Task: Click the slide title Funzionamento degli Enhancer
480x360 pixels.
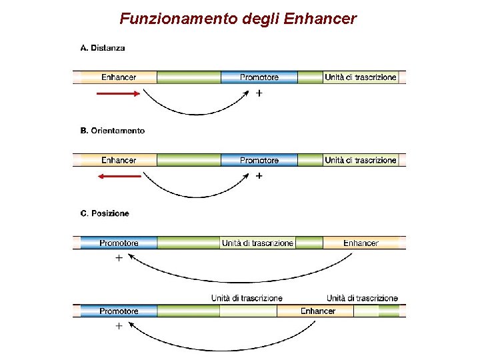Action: [x=238, y=19]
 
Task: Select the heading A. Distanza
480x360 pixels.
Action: [x=102, y=48]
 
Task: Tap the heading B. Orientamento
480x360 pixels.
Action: [x=112, y=131]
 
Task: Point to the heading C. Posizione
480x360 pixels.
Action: [x=105, y=213]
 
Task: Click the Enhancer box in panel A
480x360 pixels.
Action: [x=119, y=77]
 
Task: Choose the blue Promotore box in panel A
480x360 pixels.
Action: [x=259, y=77]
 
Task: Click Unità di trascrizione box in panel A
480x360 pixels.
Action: [x=361, y=77]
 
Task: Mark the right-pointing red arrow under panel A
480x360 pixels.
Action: [x=119, y=94]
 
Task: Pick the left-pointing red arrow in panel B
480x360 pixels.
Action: [x=119, y=177]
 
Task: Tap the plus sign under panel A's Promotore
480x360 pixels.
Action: [x=259, y=94]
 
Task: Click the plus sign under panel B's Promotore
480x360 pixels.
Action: [x=259, y=177]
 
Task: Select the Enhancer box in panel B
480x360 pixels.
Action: [x=119, y=160]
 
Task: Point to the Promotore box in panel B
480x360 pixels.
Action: [x=259, y=160]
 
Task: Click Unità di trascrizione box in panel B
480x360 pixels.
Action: [x=361, y=160]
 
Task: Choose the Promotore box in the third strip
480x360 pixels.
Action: [x=119, y=243]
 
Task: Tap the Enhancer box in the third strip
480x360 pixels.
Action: [x=361, y=243]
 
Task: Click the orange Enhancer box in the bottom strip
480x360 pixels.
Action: [x=318, y=311]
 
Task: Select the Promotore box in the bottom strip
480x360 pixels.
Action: [x=119, y=311]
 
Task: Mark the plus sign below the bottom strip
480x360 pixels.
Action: [x=119, y=327]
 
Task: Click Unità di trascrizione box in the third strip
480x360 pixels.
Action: [x=257, y=243]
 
